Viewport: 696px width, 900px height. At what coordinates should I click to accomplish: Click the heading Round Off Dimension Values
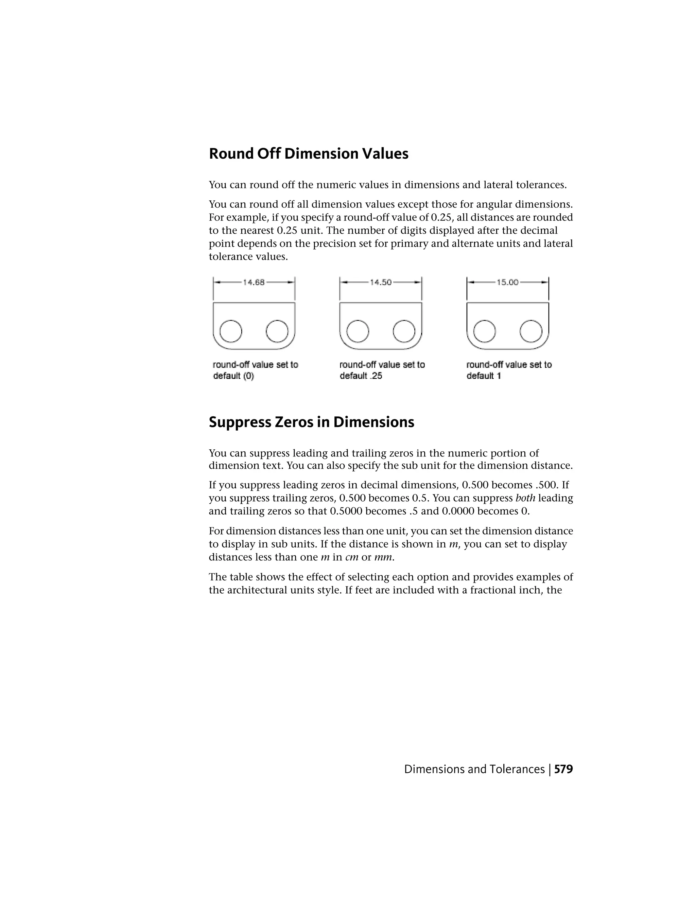click(309, 154)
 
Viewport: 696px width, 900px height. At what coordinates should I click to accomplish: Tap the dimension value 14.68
click(254, 282)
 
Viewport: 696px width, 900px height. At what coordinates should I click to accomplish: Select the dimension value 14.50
click(381, 282)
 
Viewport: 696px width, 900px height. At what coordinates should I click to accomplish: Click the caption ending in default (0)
click(255, 370)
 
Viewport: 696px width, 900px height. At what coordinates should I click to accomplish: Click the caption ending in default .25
click(382, 370)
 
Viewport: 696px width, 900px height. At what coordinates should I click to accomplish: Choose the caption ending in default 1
click(509, 370)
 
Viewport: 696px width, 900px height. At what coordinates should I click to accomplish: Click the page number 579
click(564, 769)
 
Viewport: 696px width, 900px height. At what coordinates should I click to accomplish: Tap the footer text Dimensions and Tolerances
click(474, 769)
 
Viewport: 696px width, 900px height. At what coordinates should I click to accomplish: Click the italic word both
click(525, 498)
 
